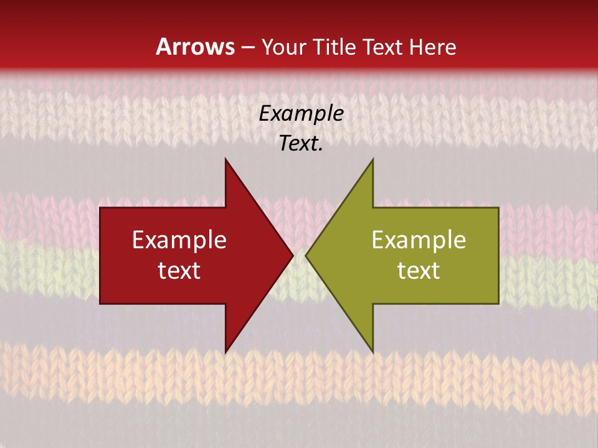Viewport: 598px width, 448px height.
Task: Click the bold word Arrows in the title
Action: tap(196, 47)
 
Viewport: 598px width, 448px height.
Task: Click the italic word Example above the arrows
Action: tap(301, 114)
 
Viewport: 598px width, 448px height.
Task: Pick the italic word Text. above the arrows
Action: tap(301, 144)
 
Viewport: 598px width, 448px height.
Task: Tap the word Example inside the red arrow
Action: tap(179, 240)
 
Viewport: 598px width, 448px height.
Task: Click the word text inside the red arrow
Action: tap(179, 270)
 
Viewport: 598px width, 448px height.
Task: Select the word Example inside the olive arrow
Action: tap(419, 240)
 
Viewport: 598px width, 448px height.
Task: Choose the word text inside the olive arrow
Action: tap(419, 270)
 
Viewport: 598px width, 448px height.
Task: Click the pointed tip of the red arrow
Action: tap(293, 255)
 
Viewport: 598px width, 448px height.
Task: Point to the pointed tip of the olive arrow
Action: tap(306, 255)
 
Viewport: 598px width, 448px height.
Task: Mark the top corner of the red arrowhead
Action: tap(225, 159)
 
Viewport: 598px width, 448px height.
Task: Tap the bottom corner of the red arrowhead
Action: tap(225, 352)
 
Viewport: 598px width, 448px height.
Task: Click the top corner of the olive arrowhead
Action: tap(373, 159)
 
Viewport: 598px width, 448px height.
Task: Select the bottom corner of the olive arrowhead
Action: tap(373, 352)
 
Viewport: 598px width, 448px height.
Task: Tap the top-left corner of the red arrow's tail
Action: tap(100, 208)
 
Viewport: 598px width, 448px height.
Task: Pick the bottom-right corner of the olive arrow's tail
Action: tap(498, 304)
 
